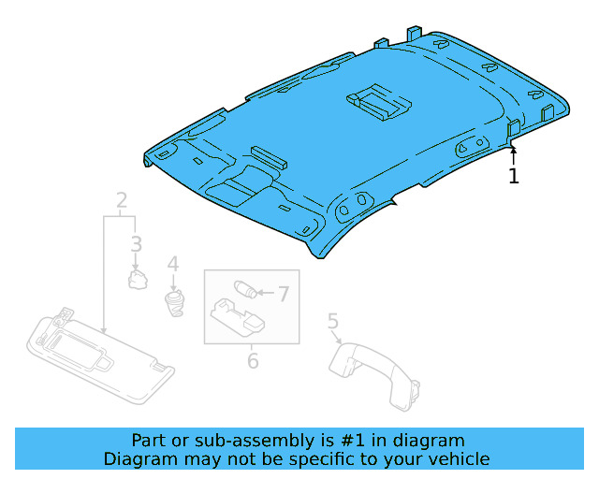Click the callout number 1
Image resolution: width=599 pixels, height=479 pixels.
(513, 175)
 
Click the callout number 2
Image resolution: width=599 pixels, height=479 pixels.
(122, 200)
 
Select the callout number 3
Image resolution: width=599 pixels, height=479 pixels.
(136, 244)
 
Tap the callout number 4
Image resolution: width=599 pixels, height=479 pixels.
(172, 265)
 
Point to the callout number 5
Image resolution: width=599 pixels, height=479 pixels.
(333, 322)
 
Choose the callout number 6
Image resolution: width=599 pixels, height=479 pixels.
(252, 359)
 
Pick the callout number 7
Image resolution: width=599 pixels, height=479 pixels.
(284, 294)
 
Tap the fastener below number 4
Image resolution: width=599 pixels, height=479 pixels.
(173, 302)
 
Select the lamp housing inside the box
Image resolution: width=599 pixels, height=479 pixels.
(242, 316)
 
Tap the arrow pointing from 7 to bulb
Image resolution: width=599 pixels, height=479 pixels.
(264, 294)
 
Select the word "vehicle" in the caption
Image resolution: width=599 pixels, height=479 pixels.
(458, 458)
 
